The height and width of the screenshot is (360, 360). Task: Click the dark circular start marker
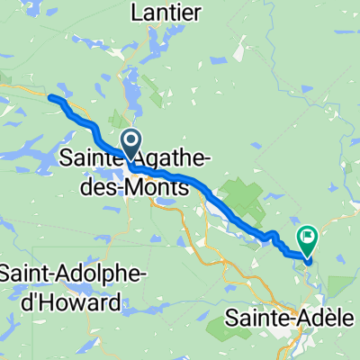(130, 142)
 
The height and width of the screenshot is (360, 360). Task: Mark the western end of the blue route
(52, 98)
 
